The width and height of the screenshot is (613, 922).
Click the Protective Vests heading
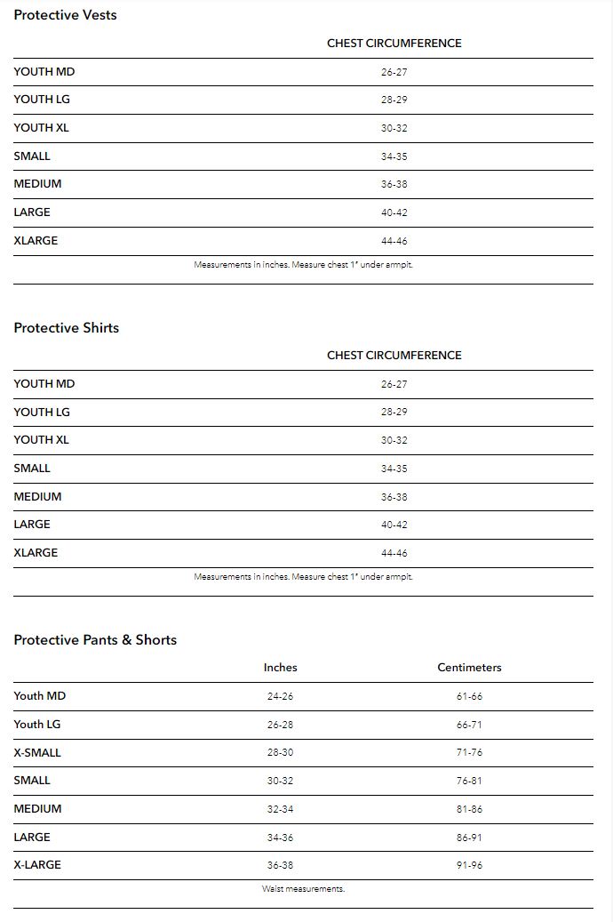tap(65, 15)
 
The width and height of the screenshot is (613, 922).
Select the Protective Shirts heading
tap(66, 327)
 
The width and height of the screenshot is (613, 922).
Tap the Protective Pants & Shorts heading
tap(95, 639)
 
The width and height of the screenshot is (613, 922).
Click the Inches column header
tap(280, 667)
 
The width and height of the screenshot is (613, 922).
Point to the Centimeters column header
tap(469, 667)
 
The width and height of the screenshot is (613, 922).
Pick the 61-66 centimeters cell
tap(469, 696)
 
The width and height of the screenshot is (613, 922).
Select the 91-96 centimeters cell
tap(469, 865)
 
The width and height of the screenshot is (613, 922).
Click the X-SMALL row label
tap(37, 752)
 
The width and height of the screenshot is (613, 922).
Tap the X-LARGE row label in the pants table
tap(37, 864)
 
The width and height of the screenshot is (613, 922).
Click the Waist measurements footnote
tap(303, 888)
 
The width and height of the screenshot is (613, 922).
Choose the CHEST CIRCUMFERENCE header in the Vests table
tap(394, 43)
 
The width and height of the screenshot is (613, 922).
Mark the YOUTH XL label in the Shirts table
tap(41, 439)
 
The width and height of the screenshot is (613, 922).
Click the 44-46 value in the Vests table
tap(394, 241)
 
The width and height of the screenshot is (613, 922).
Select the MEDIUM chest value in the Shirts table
tap(394, 497)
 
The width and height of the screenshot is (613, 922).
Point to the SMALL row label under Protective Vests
tap(32, 156)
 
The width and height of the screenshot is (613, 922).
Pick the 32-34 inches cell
tap(280, 809)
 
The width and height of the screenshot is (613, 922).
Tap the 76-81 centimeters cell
tap(469, 781)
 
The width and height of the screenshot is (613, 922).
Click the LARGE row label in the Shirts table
tap(32, 524)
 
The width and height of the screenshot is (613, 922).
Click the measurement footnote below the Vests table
tap(303, 264)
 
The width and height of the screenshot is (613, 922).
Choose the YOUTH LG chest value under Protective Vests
tap(394, 100)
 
